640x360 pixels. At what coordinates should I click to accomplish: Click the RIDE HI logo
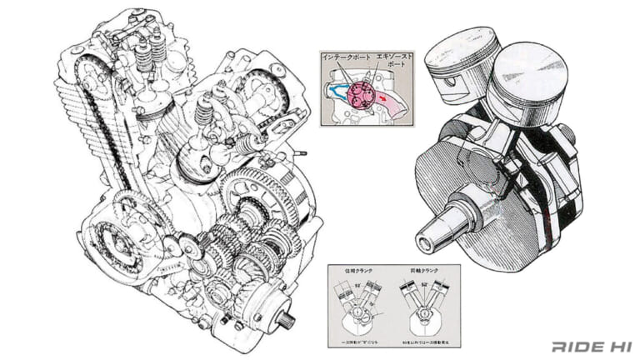tap(589, 345)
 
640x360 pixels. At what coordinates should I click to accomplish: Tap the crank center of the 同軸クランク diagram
tap(425, 315)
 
